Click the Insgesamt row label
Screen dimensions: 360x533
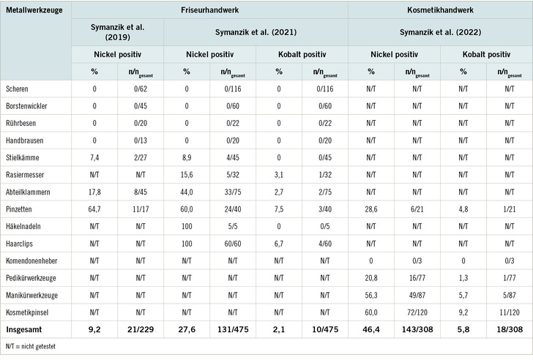[x=23, y=328]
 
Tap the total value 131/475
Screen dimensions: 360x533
[x=232, y=328]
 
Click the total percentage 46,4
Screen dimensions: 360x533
[x=370, y=328]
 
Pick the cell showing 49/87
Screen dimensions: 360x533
[x=417, y=294]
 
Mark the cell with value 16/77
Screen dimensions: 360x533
[x=417, y=278]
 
